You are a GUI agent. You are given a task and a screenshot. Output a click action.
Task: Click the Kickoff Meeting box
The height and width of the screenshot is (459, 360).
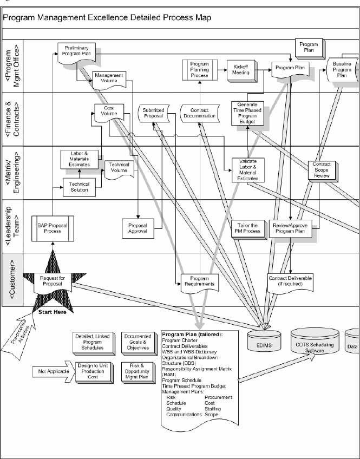pyautogui.click(x=241, y=70)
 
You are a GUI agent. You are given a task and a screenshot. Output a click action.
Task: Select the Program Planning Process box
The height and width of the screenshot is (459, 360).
pyautogui.click(x=199, y=70)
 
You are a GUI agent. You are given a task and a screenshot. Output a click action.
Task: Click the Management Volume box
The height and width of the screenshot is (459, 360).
pyautogui.click(x=109, y=78)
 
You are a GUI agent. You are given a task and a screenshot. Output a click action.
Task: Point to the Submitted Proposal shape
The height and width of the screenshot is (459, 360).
pyautogui.click(x=153, y=113)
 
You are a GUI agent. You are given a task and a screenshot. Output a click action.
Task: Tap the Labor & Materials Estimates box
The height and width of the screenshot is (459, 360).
pyautogui.click(x=79, y=158)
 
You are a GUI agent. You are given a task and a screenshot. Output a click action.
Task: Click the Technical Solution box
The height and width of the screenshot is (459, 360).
pyautogui.click(x=79, y=187)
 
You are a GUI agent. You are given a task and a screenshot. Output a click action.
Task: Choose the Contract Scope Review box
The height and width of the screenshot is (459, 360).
pyautogui.click(x=322, y=169)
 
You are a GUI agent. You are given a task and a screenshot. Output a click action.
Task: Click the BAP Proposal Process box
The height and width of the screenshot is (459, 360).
pyautogui.click(x=53, y=228)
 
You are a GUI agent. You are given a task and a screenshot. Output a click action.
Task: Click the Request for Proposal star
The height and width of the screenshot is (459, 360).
pyautogui.click(x=53, y=279)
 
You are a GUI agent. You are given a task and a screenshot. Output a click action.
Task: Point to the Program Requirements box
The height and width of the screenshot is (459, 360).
pyautogui.click(x=199, y=280)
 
